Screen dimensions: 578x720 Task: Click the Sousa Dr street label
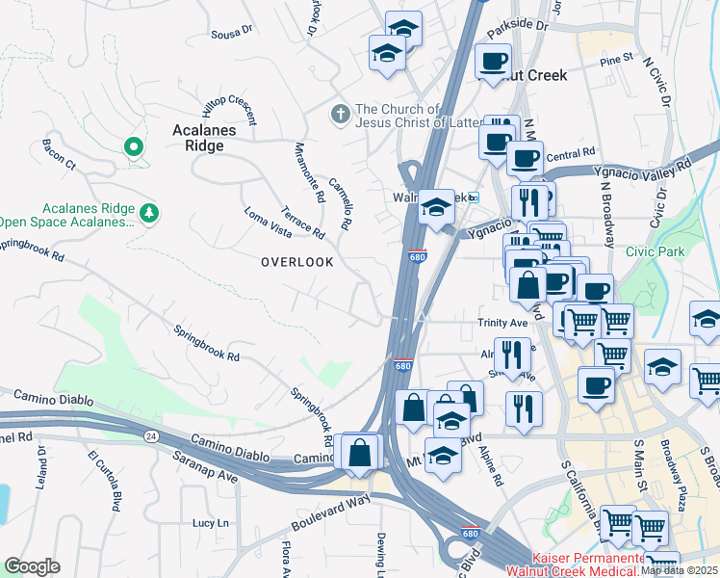point(231,31)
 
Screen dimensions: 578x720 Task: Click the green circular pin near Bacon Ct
point(134,147)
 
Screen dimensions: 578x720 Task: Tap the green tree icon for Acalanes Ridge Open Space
point(148,212)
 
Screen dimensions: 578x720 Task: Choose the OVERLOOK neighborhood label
point(297,262)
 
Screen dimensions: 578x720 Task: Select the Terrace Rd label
point(303,221)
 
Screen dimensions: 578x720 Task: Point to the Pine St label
point(615,59)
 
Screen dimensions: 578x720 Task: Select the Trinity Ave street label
point(503,324)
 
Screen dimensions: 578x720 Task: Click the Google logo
point(33,566)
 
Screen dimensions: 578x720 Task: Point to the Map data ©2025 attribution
point(679,570)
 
